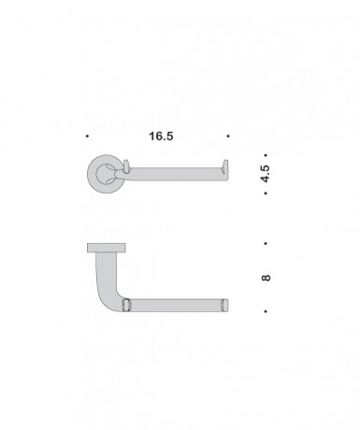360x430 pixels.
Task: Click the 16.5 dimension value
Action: [160, 136]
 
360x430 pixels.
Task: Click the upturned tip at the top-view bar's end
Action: [224, 168]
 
